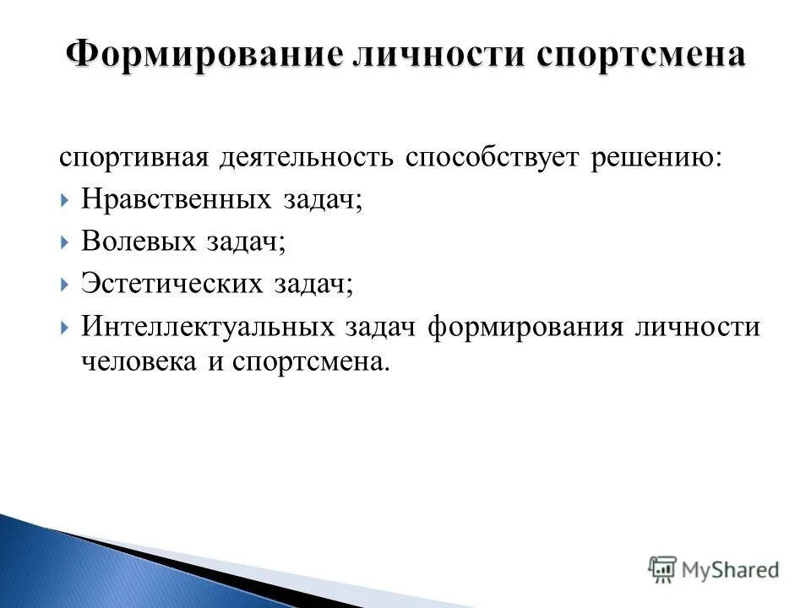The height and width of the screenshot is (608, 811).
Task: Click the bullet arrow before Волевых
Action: [67, 243]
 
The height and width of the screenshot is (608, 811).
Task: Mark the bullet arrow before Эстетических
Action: [67, 285]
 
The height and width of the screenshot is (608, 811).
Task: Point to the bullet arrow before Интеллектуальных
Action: [67, 327]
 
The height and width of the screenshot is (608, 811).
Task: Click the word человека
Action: [135, 361]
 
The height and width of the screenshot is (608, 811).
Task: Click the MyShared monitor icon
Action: [663, 569]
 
